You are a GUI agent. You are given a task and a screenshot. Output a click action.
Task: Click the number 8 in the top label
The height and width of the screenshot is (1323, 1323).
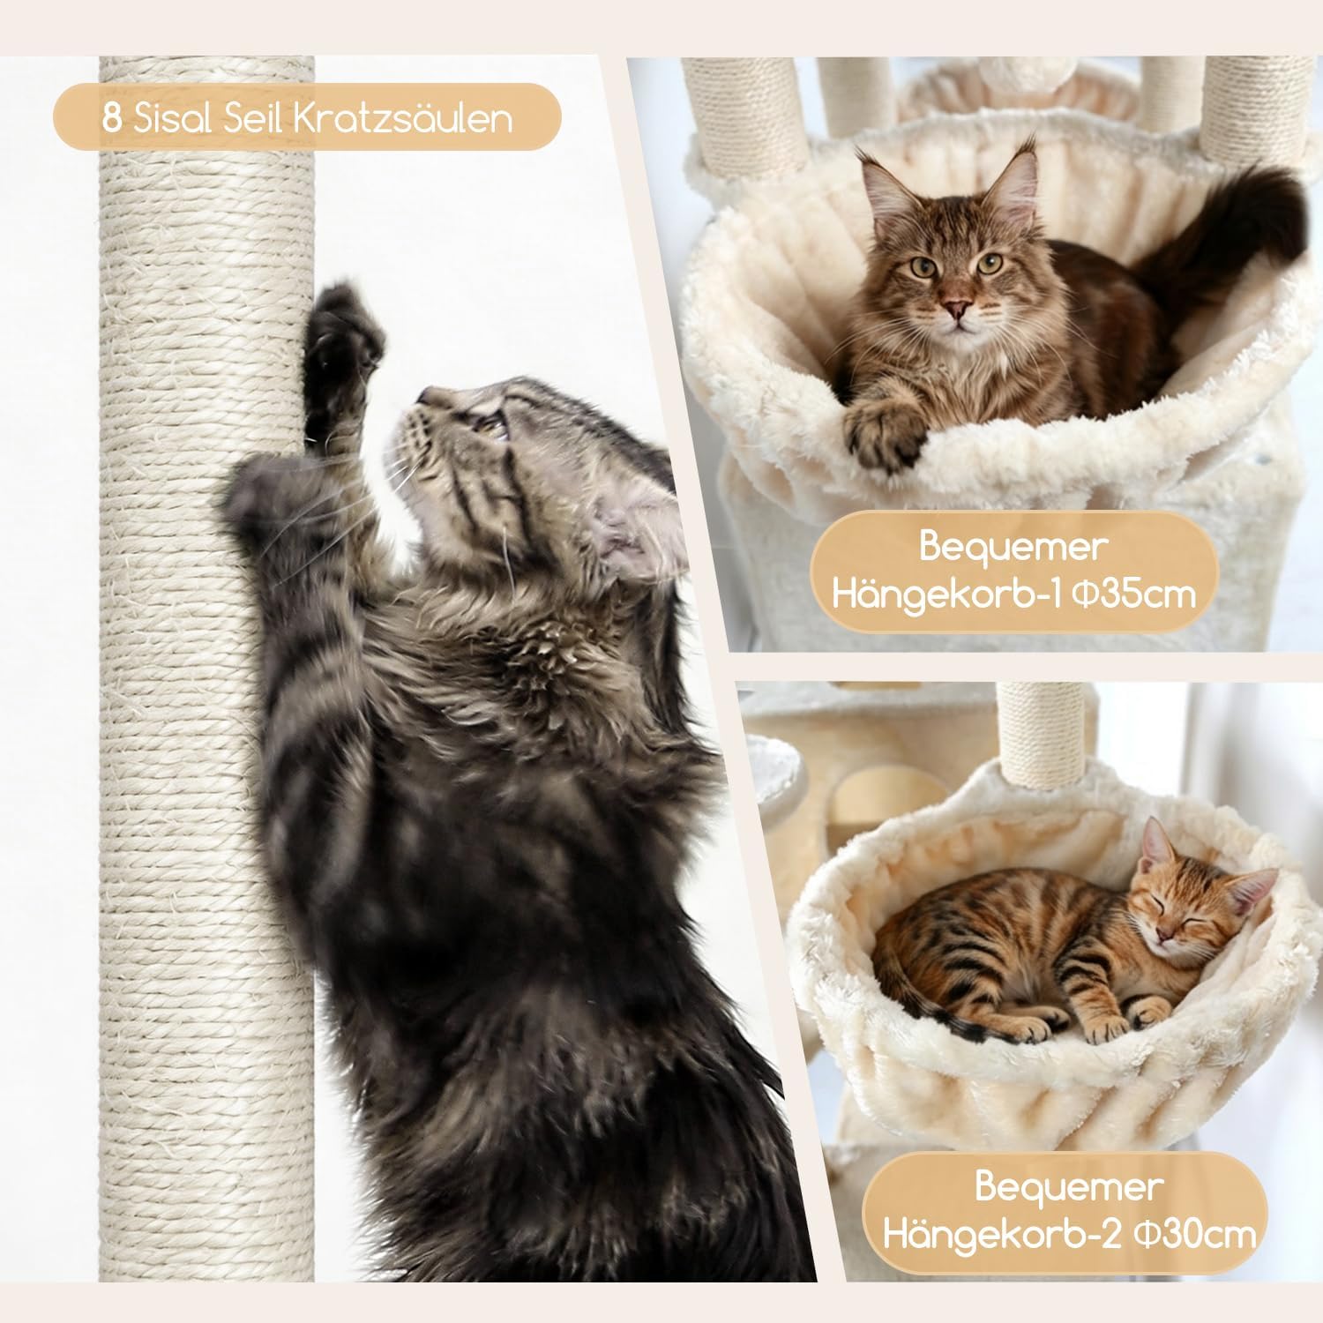(x=112, y=117)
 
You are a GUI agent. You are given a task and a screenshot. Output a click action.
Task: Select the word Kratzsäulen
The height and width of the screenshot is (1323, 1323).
(x=401, y=117)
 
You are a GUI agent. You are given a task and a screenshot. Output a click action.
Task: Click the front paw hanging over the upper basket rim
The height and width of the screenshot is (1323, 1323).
(x=885, y=430)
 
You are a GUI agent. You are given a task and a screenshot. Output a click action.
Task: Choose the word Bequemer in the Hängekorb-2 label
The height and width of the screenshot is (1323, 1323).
(x=1068, y=1185)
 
